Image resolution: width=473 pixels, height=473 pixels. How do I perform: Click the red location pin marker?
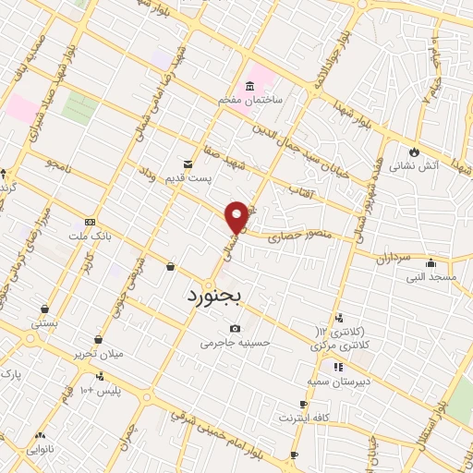(x=238, y=215)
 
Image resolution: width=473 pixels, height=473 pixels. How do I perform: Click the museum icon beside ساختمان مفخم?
(x=251, y=86)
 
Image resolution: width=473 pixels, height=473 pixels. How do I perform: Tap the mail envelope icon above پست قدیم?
(x=189, y=164)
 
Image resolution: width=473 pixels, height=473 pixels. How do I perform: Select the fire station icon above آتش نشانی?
(x=415, y=152)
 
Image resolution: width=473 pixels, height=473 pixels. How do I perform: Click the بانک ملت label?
(x=91, y=236)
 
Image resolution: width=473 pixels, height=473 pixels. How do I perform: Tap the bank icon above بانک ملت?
(x=90, y=222)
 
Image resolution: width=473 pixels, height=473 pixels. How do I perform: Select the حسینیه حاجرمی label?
(x=236, y=342)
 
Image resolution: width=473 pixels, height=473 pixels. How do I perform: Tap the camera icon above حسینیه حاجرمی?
(x=235, y=328)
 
